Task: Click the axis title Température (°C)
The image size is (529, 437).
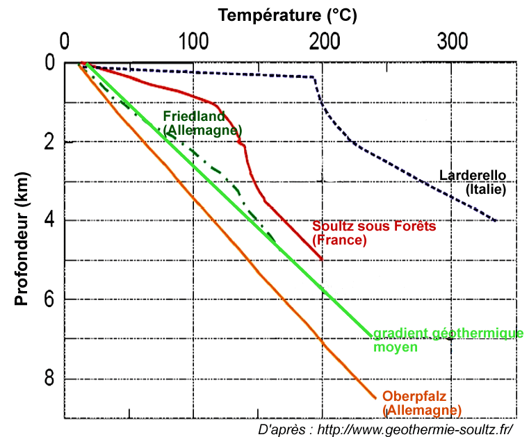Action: [288, 13]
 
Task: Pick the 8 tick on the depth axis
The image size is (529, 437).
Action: [47, 379]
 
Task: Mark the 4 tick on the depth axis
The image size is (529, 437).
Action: [47, 221]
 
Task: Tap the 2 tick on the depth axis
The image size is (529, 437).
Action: [47, 142]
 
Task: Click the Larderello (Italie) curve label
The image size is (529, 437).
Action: [473, 182]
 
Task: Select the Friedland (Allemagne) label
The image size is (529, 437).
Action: [202, 123]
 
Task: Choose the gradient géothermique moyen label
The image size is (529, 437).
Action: [448, 340]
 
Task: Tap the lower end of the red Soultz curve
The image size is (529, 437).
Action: [322, 259]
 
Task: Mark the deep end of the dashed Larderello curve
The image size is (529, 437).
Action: [496, 221]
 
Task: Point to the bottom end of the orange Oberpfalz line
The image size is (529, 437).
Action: [376, 398]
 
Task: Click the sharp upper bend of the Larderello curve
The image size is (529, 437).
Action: [314, 77]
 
